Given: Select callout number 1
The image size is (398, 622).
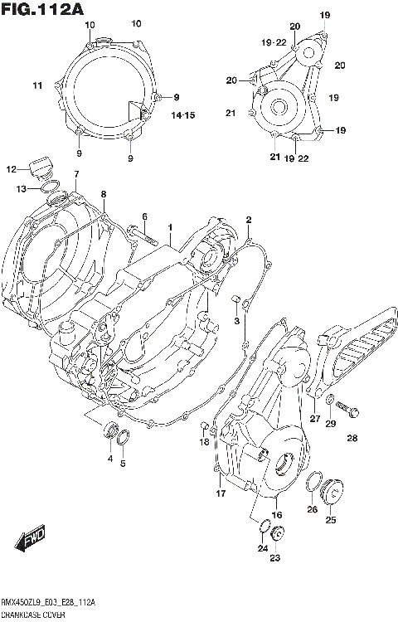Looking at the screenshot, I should [x=169, y=226].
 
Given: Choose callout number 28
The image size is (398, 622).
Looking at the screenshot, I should [x=352, y=438].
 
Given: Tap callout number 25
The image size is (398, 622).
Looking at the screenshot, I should [x=330, y=520].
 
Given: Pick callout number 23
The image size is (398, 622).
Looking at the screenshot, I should [x=274, y=558].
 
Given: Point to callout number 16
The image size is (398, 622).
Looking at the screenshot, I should [x=277, y=515].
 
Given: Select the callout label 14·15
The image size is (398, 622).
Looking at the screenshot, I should [x=182, y=114].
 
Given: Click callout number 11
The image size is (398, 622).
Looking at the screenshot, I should [x=37, y=85].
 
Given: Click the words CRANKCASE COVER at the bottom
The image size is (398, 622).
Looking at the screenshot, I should [x=36, y=615].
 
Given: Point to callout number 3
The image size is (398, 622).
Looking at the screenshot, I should [x=236, y=320].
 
